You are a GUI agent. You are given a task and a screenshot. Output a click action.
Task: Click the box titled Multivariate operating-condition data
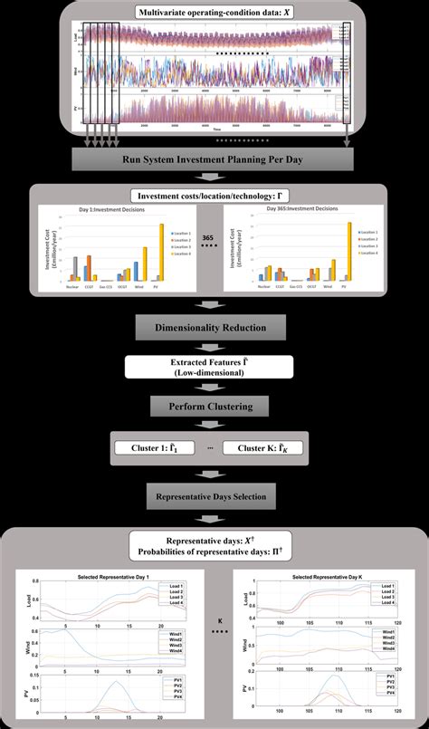pyautogui.click(x=214, y=14)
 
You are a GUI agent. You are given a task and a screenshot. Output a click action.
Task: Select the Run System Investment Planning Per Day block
pyautogui.click(x=214, y=160)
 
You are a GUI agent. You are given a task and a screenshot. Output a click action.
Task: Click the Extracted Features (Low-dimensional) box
pyautogui.click(x=214, y=367)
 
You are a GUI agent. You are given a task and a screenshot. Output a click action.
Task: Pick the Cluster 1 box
pyautogui.click(x=159, y=446)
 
